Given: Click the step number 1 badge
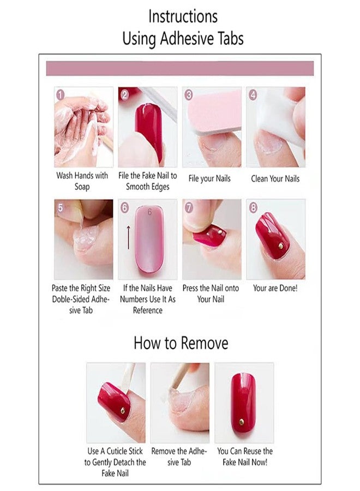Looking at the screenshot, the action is (60, 94).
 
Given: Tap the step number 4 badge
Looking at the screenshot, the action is (253, 94).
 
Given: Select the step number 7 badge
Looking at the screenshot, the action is (189, 207).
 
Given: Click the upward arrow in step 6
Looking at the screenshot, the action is (128, 237).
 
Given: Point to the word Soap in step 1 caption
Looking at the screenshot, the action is (82, 187).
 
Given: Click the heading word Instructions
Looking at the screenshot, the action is (183, 16).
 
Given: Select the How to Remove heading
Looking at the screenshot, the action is (181, 343).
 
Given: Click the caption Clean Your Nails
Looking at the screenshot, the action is (275, 179).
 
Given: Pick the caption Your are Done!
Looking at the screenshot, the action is (275, 288).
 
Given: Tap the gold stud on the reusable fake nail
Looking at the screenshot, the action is (242, 422).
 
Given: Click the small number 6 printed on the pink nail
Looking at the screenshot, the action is (149, 212).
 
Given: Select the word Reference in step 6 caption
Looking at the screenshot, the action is (148, 310).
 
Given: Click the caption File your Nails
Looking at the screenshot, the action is (209, 179).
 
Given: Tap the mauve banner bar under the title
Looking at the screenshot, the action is (180, 69).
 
